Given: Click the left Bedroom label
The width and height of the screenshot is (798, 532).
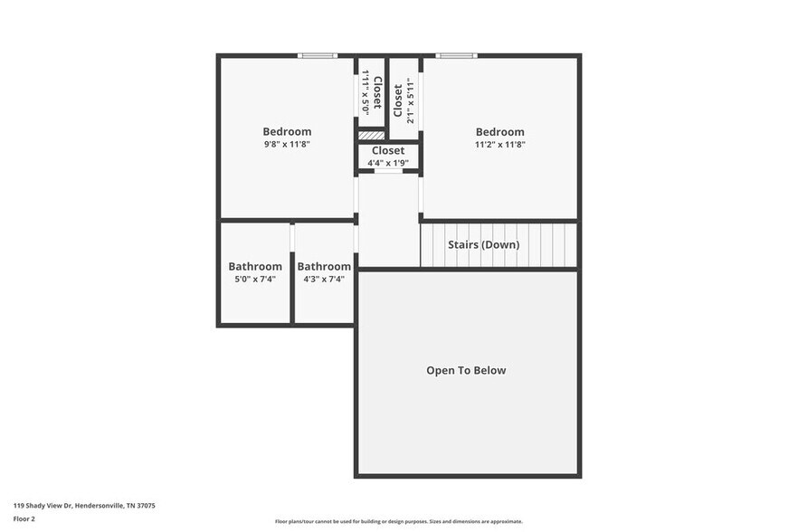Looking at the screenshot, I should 287,131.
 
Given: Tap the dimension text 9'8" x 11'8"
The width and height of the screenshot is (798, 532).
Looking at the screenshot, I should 287,144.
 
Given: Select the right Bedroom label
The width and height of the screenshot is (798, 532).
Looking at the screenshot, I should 499,131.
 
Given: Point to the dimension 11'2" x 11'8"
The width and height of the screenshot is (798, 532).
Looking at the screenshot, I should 499,144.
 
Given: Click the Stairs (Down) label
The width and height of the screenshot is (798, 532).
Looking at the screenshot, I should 483,244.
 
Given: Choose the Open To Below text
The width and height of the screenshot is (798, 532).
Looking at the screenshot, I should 466,370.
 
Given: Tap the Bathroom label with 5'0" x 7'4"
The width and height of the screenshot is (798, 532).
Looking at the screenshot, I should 254,266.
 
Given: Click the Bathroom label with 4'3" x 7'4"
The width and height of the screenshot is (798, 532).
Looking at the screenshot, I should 324,266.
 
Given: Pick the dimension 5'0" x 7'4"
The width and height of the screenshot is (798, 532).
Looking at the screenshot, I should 254,279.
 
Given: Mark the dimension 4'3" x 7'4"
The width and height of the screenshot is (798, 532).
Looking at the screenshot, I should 324,279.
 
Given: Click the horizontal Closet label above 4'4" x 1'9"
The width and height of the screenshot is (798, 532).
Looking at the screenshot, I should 388,150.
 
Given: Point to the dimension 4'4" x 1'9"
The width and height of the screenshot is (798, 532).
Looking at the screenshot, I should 388,163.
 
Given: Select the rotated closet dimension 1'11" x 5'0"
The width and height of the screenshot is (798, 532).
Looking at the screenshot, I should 366,90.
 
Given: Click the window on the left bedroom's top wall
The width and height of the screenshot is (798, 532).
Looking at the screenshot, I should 318,56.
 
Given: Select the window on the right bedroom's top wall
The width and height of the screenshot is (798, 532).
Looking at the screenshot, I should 456,56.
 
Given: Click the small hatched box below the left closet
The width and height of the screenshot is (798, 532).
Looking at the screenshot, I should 371,136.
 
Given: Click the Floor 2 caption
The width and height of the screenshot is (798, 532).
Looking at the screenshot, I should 24,518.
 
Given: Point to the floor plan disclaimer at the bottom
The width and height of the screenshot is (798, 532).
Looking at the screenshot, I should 398,521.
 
